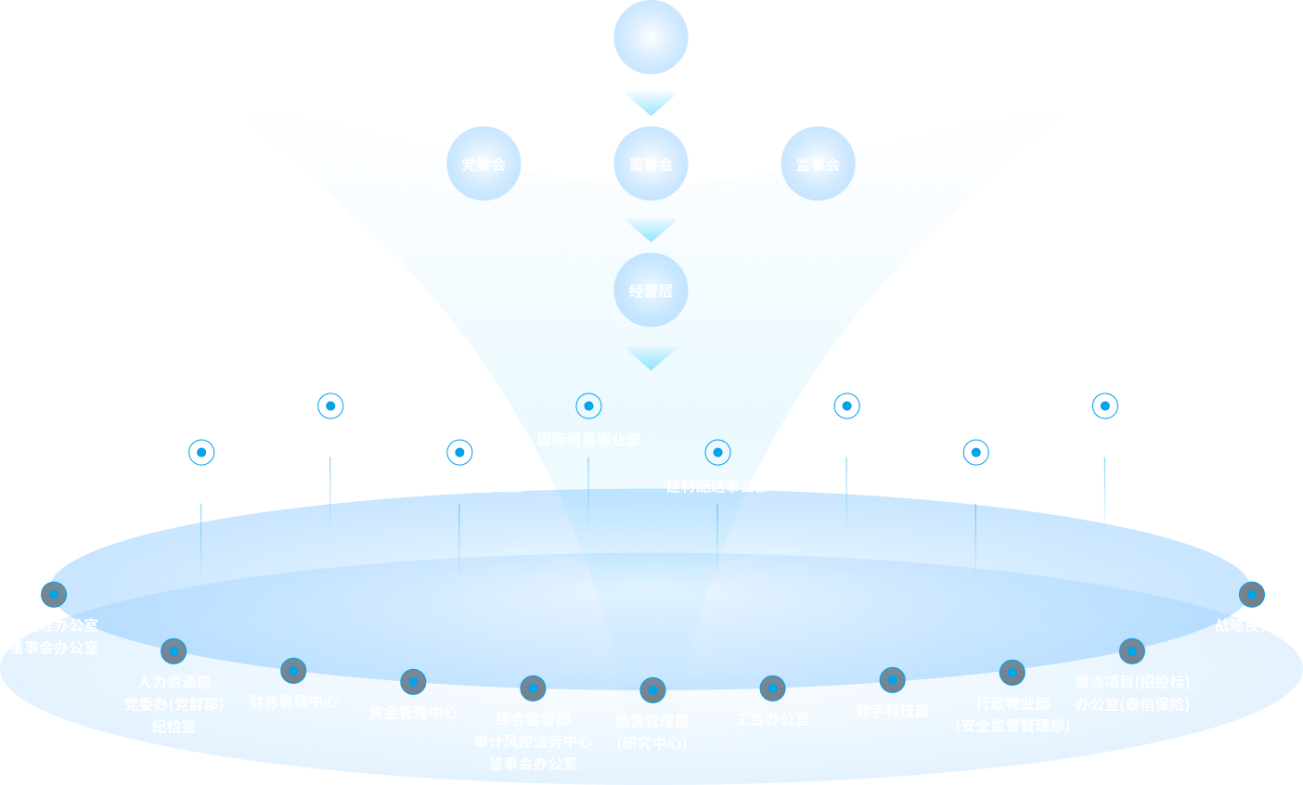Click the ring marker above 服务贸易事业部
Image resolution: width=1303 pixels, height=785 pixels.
pos(330,405)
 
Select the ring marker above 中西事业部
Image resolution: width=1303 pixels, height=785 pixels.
pos(1104,405)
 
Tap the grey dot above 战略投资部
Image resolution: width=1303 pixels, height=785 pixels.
pos(1252,594)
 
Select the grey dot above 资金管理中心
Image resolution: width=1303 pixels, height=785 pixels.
pos(413,682)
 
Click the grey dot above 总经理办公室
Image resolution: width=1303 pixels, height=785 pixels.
pos(54,594)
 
